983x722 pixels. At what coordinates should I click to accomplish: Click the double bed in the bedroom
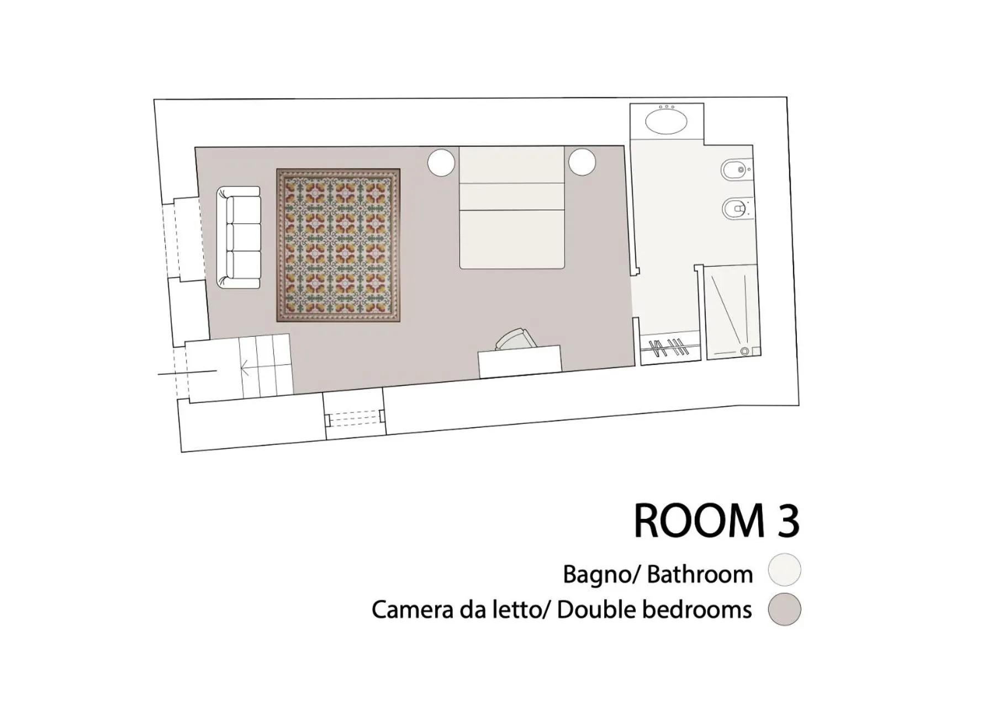pyautogui.click(x=512, y=208)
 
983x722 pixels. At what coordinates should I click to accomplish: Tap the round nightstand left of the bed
pyautogui.click(x=441, y=163)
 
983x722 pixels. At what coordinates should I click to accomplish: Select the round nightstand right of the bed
pyautogui.click(x=582, y=162)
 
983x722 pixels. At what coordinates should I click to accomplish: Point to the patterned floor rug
pyautogui.click(x=338, y=245)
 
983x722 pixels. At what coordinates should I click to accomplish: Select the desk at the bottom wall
pyautogui.click(x=520, y=362)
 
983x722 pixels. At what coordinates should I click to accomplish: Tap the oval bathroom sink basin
pyautogui.click(x=667, y=123)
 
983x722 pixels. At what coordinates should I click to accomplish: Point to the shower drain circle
pyautogui.click(x=744, y=351)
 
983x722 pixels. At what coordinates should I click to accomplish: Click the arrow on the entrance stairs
pyautogui.click(x=245, y=368)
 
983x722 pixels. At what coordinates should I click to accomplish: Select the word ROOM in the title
pyautogui.click(x=697, y=521)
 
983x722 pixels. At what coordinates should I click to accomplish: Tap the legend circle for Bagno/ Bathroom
pyautogui.click(x=784, y=570)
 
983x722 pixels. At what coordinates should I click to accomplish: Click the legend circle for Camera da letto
pyautogui.click(x=784, y=609)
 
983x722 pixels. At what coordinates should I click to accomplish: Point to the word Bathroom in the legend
pyautogui.click(x=700, y=575)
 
